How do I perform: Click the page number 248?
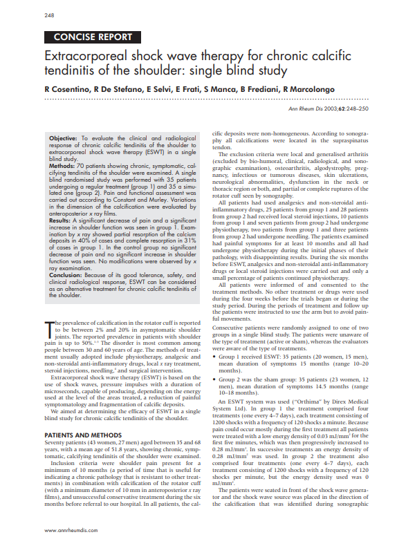[x=49, y=15]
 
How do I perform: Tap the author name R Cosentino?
[x=67, y=90]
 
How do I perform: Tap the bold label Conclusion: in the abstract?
[x=67, y=275]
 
